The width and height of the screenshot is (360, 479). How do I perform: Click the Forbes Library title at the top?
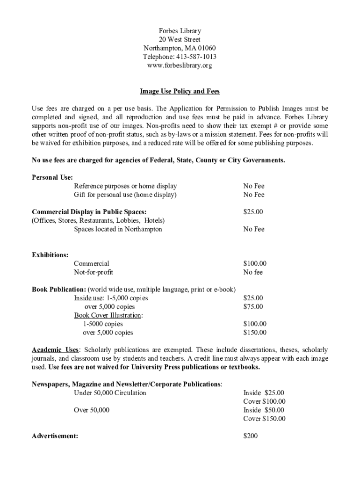click(180, 31)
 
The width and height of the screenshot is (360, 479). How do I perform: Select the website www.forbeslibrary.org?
click(180, 66)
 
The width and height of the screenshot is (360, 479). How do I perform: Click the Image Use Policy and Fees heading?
click(180, 91)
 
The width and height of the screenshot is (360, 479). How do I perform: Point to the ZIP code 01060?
click(207, 49)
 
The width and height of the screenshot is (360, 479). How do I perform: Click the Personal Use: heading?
click(52, 177)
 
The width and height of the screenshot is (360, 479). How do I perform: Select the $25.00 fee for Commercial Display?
click(253, 212)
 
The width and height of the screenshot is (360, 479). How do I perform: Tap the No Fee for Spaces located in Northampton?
click(253, 229)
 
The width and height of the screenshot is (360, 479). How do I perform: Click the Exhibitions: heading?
click(50, 255)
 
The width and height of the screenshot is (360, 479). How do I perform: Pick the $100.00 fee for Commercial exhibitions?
click(255, 264)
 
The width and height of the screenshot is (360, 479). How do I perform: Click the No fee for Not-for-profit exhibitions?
click(253, 272)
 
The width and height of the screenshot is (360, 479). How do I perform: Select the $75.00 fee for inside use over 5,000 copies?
click(253, 307)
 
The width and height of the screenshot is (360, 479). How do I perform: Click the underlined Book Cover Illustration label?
click(107, 315)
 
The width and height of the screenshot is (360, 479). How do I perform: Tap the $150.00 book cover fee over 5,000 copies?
click(255, 333)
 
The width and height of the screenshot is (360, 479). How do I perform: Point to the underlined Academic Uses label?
click(55, 350)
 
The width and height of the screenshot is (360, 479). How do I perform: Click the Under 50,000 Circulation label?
click(110, 393)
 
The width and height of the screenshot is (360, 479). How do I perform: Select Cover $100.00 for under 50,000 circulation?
click(264, 401)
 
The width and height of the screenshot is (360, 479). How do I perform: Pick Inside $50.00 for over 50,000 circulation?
click(264, 410)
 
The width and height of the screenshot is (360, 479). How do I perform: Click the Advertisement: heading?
click(55, 436)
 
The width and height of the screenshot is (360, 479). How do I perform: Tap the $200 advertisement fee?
click(251, 436)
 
